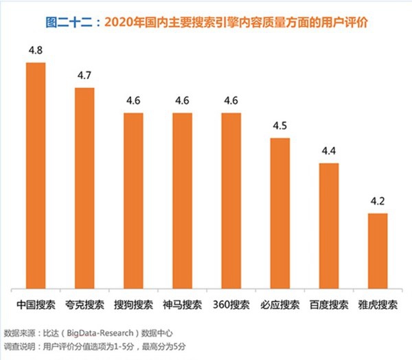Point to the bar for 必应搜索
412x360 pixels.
point(280,213)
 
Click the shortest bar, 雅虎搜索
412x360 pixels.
point(378,250)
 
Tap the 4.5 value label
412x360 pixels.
point(280,126)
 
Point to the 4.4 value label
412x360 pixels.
point(329,151)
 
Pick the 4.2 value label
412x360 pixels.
point(378,201)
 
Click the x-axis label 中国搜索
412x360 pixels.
point(35,302)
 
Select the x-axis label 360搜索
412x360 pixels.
point(231,302)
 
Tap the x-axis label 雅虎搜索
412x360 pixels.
point(378,302)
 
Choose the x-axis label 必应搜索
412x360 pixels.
point(280,302)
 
